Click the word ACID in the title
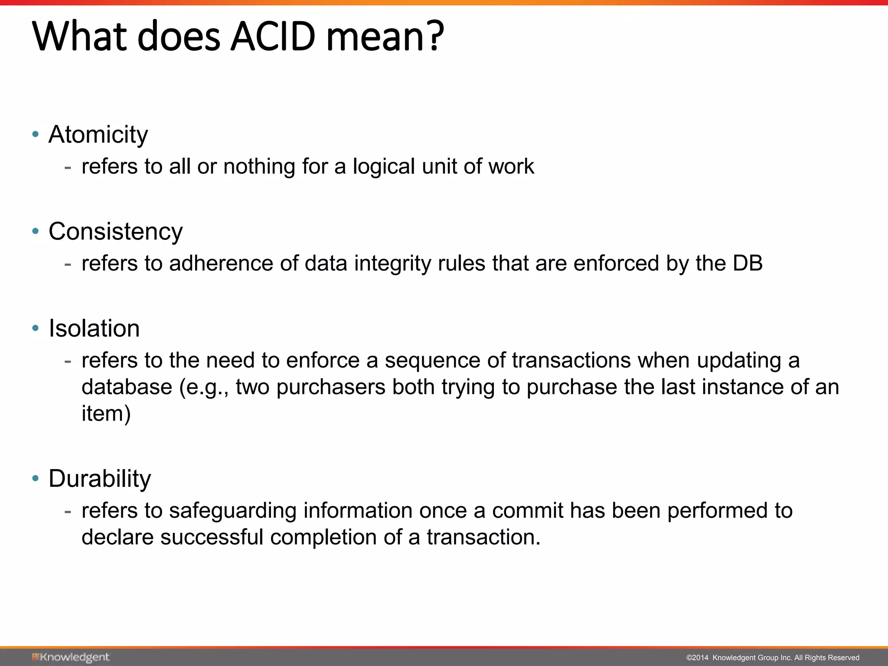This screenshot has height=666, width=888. pyautogui.click(x=273, y=36)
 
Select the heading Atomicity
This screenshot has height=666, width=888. pyautogui.click(x=98, y=134)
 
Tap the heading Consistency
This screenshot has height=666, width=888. pyautogui.click(x=115, y=232)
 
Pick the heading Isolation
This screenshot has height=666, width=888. pyautogui.click(x=94, y=328)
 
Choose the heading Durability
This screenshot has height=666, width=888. pyautogui.click(x=100, y=479)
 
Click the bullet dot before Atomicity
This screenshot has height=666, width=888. pyautogui.click(x=36, y=134)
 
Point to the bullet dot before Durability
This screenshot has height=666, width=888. pyautogui.click(x=36, y=478)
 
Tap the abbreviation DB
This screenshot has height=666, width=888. pyautogui.click(x=748, y=263)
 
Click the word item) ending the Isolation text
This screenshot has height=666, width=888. pyautogui.click(x=106, y=414)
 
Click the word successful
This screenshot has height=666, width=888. pyautogui.click(x=212, y=537)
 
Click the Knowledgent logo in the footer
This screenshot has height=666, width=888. pyautogui.click(x=71, y=657)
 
